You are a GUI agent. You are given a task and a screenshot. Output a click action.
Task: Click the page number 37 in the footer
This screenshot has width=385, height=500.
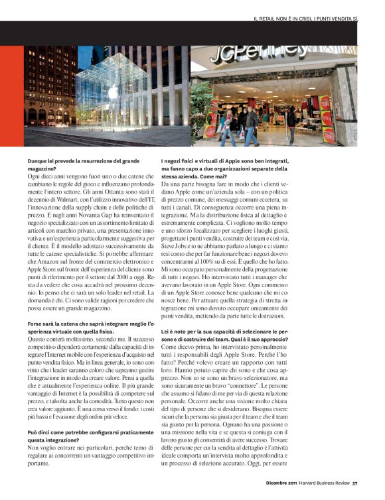[x=355, y=491]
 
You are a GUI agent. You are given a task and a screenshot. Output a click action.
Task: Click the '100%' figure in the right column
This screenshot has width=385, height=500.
[x=218, y=261]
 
